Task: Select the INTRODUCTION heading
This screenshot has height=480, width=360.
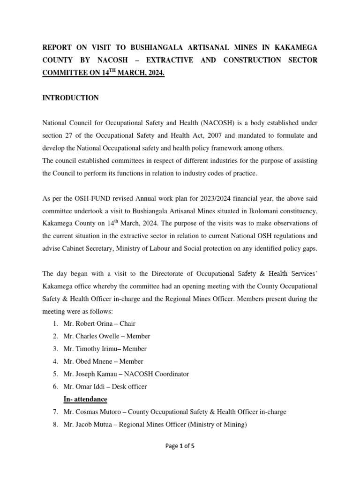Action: tap(71, 98)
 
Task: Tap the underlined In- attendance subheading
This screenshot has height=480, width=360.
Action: tap(85, 399)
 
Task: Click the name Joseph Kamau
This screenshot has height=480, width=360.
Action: tap(88, 374)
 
